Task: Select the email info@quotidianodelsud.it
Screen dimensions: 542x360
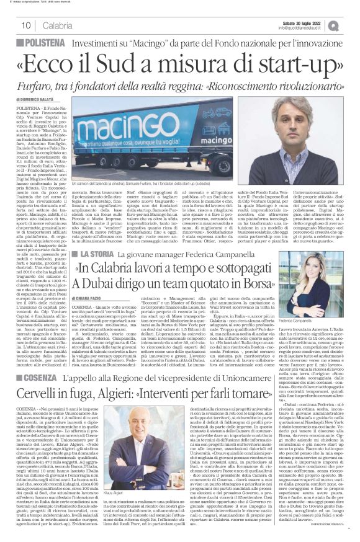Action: click(x=304, y=28)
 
